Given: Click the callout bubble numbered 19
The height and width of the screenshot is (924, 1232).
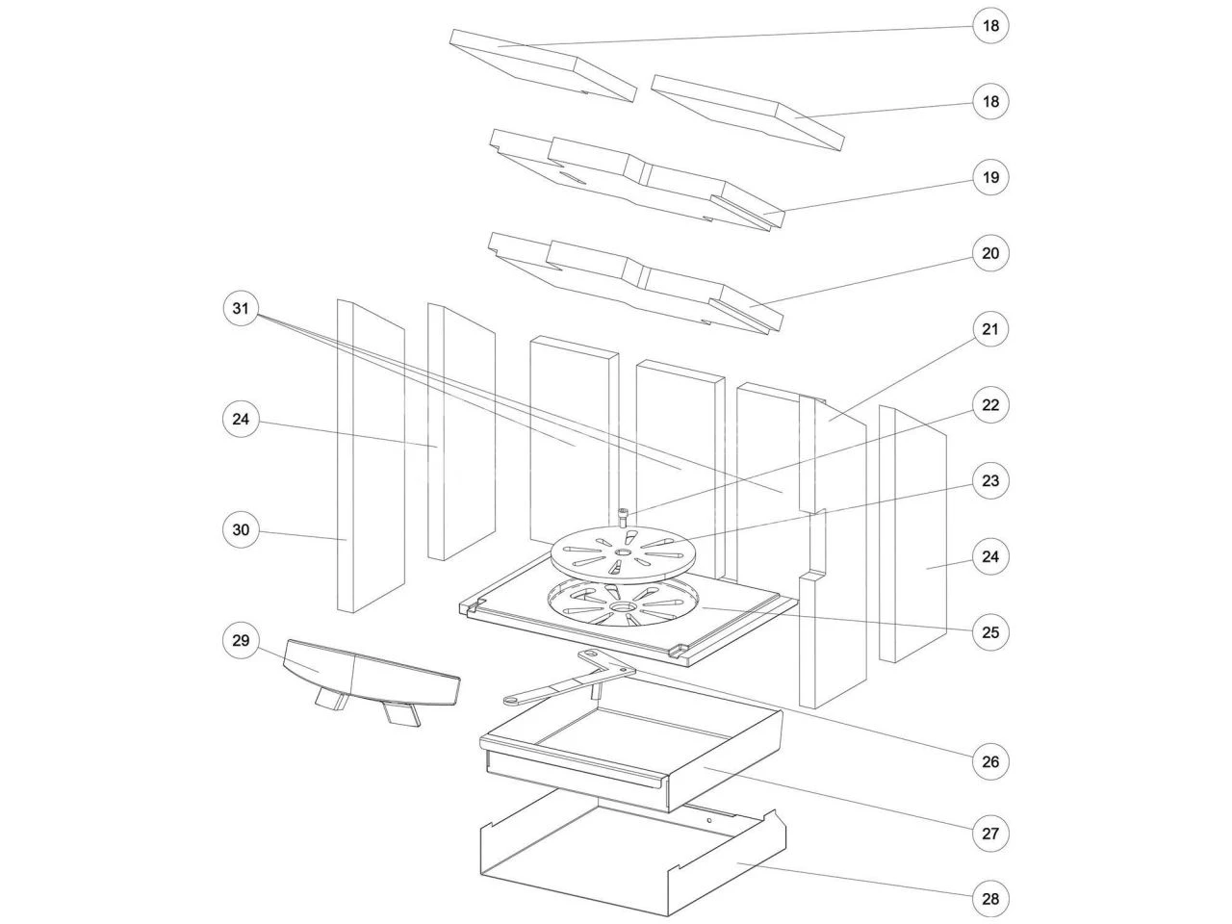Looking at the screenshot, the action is pyautogui.click(x=990, y=177).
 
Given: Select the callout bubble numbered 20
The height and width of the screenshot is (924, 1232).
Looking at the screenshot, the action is pyautogui.click(x=990, y=253).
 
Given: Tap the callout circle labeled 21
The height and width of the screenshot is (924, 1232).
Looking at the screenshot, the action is pyautogui.click(x=990, y=329).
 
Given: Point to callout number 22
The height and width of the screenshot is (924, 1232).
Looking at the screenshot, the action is pyautogui.click(x=990, y=404).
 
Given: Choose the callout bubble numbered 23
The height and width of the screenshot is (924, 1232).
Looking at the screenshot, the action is pyautogui.click(x=990, y=481).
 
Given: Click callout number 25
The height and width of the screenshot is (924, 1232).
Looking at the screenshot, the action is pyautogui.click(x=990, y=632).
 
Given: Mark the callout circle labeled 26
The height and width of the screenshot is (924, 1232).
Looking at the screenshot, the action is pyautogui.click(x=990, y=761).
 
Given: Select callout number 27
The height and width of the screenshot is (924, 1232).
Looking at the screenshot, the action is pyautogui.click(x=990, y=834).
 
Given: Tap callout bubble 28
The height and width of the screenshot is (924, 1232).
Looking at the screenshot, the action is pyautogui.click(x=990, y=899).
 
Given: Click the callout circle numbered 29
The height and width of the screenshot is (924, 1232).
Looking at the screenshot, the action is pyautogui.click(x=241, y=640).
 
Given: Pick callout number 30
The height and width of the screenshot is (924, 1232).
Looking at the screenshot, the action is pyautogui.click(x=241, y=529).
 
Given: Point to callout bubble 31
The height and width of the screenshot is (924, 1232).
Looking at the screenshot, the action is pyautogui.click(x=241, y=309).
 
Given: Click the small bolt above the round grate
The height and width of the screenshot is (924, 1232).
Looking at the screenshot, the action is pyautogui.click(x=624, y=516).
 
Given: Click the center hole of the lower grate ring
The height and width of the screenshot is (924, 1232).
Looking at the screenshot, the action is pyautogui.click(x=623, y=608).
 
